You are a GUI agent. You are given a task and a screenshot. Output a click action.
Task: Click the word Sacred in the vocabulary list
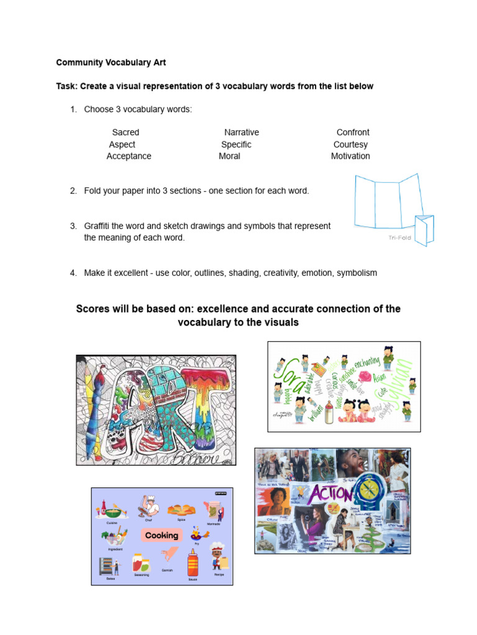click(x=125, y=132)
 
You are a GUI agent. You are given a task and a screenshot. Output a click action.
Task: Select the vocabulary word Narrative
click(x=242, y=132)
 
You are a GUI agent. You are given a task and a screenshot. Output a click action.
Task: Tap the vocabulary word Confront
click(x=353, y=132)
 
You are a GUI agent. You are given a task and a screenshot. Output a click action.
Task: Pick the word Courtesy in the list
click(x=350, y=144)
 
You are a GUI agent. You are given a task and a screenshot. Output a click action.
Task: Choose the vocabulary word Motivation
click(x=350, y=156)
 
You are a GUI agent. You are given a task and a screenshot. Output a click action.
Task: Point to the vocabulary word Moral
click(x=229, y=156)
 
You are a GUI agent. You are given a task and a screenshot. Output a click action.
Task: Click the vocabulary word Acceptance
click(x=129, y=156)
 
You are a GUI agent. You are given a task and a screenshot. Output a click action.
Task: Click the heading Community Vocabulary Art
click(x=111, y=63)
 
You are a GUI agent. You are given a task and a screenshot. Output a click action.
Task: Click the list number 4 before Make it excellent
click(x=73, y=273)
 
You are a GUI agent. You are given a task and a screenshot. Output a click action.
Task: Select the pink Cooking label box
click(x=161, y=535)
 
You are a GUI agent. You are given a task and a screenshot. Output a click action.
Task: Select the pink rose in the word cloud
click(x=363, y=376)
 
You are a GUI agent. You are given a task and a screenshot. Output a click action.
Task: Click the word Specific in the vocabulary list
click(x=236, y=144)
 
